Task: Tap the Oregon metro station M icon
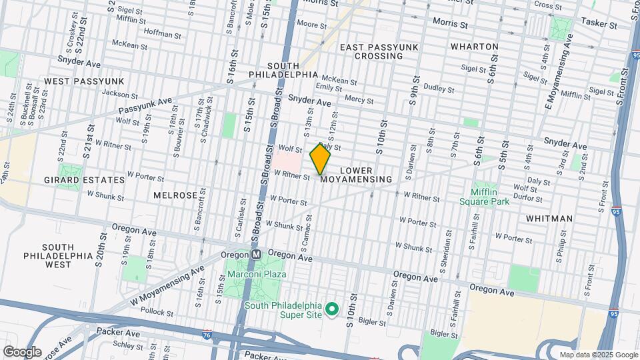click(256, 255)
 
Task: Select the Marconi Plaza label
click(256, 274)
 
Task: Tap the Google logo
click(21, 351)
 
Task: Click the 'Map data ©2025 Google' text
click(598, 355)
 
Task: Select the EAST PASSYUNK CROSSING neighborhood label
click(371, 51)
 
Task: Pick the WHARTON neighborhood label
click(474, 47)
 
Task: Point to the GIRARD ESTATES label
click(93, 180)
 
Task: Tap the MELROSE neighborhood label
click(175, 195)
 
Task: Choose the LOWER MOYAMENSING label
click(356, 175)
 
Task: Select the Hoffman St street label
click(162, 34)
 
